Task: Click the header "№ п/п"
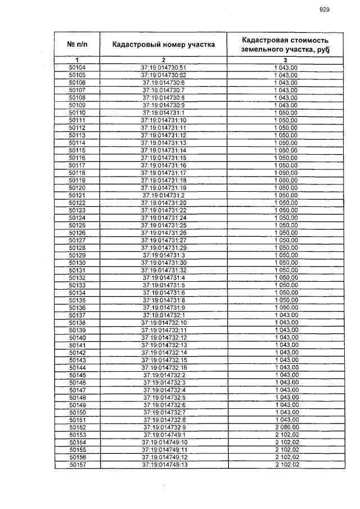[77, 43]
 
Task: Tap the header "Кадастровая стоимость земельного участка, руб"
[285, 44]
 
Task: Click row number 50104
[77, 67]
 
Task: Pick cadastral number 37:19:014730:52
[163, 75]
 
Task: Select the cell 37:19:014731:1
[163, 112]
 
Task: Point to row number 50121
[77, 195]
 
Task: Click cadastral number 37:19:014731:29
[163, 247]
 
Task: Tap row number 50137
[77, 315]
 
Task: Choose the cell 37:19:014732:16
[163, 367]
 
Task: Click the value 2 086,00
[286, 427]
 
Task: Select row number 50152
[77, 427]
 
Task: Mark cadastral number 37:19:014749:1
[163, 435]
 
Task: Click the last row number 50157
[77, 465]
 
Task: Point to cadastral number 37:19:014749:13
[163, 465]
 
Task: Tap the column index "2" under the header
[163, 60]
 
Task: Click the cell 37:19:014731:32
[163, 270]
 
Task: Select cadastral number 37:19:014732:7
[163, 412]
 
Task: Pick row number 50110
[77, 112]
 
